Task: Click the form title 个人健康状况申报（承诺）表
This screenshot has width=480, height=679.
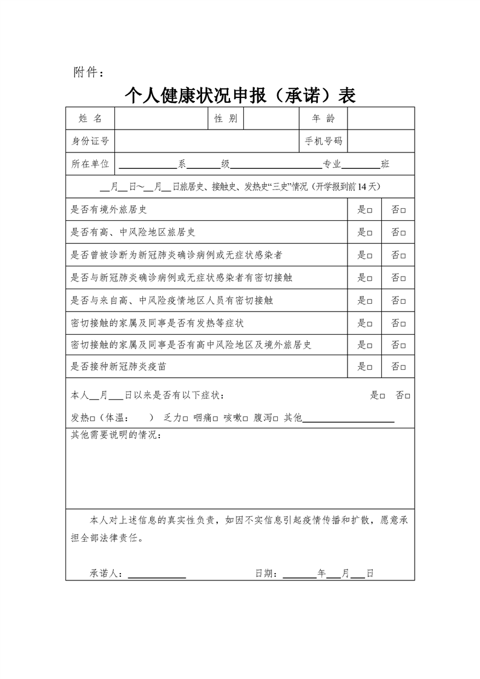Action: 240,95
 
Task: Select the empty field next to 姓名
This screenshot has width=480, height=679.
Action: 161,119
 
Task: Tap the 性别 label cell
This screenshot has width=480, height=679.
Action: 226,119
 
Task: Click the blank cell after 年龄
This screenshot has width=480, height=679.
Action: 381,119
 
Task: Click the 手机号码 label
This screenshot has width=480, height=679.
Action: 323,141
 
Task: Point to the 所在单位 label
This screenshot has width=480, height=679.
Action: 90,164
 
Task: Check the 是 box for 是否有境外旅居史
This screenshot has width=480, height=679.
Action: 369,210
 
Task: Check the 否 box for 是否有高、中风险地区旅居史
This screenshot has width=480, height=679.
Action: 403,232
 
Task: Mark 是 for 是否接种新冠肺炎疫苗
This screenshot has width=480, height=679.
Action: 369,367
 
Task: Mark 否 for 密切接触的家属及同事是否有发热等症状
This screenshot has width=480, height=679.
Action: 403,323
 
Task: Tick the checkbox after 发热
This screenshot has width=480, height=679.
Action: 93,418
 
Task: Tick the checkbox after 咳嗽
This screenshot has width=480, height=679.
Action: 245,418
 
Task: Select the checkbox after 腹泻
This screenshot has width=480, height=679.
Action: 275,418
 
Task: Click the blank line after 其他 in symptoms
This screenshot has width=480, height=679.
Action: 348,418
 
